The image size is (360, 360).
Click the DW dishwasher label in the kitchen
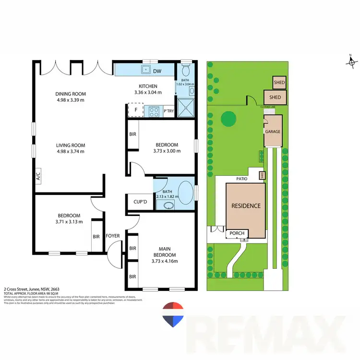(157, 72)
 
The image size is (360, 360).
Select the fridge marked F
(136, 110)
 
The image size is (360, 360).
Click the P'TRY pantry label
(168, 111)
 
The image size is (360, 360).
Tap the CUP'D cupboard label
(140, 203)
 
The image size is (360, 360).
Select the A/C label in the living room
(37, 176)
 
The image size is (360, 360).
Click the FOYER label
(113, 236)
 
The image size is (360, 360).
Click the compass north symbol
(351, 62)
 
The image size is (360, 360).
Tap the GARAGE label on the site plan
(272, 132)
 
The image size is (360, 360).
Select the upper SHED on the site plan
(279, 83)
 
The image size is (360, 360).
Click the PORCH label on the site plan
(237, 234)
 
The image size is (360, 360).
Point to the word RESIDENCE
(246, 206)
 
